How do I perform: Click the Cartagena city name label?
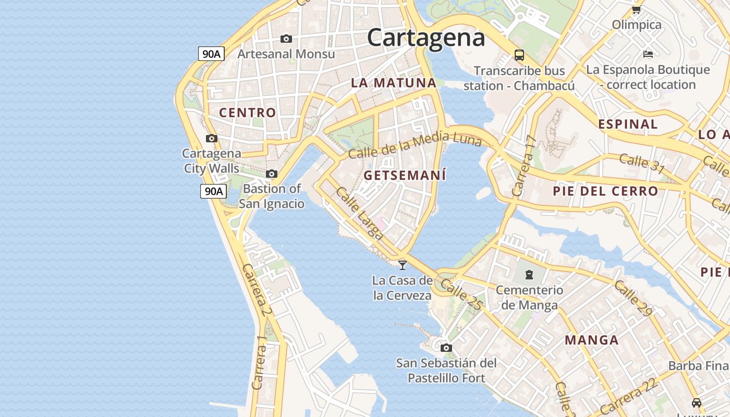[426, 38]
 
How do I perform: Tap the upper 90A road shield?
[211, 54]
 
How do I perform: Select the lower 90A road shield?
[213, 191]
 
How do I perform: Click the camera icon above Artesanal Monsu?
[286, 39]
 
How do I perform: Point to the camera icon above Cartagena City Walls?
[211, 138]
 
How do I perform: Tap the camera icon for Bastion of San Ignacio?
[271, 174]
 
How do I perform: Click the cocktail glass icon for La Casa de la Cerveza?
[402, 265]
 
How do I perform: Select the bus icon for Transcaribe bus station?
[519, 55]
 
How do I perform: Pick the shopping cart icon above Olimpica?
[636, 10]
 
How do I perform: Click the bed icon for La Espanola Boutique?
[648, 54]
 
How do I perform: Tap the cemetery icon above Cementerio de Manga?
[529, 274]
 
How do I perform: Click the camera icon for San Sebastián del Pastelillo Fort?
[446, 348]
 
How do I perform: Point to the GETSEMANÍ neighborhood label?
[405, 176]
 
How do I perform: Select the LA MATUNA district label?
[393, 82]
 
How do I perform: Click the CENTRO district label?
[247, 112]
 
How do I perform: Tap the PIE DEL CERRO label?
[605, 191]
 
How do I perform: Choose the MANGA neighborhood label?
[592, 340]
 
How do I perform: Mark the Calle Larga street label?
[359, 214]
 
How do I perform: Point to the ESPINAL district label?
[628, 124]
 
